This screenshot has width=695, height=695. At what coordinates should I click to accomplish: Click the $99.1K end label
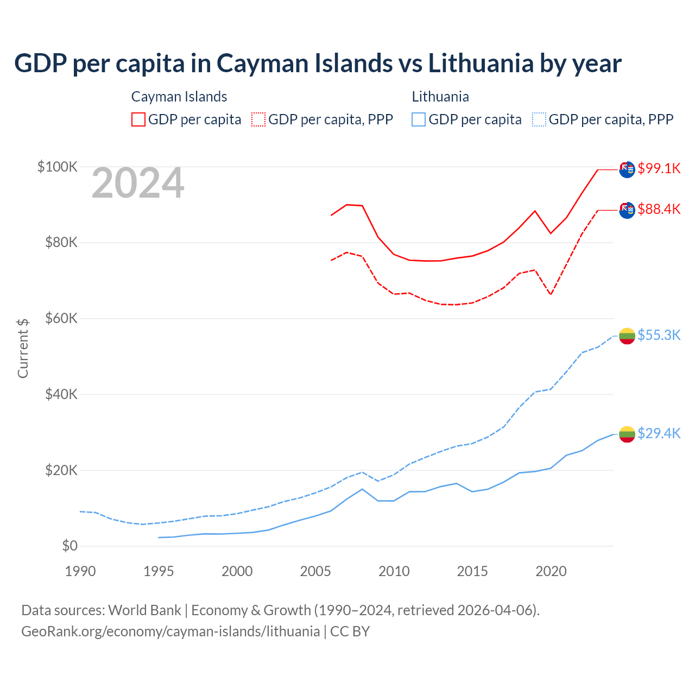coord(659,168)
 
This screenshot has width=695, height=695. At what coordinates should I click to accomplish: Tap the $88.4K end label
coord(659,209)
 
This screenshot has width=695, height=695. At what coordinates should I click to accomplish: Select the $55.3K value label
coord(659,335)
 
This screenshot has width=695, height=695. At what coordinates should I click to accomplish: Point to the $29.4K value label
coord(659,433)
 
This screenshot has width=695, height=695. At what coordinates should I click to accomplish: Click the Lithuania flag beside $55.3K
coord(627,336)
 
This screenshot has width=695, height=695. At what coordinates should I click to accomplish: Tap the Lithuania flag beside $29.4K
coord(627,434)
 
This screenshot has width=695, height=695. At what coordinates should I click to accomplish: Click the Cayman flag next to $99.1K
coord(627,169)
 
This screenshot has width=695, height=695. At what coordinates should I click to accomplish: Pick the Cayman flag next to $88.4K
coord(627,210)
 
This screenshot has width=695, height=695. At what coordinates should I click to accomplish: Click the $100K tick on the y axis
coord(58,166)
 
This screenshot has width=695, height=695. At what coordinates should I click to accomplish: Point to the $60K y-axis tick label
coord(61,318)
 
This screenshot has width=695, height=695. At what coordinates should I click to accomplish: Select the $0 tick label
coord(69,546)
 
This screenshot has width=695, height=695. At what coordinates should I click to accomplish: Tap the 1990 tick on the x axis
coord(80,571)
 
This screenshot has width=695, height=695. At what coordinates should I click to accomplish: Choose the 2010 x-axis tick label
coord(394,571)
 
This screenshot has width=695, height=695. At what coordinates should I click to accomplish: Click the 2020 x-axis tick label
coord(551,571)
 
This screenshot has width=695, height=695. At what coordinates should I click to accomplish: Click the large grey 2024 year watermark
coord(138,183)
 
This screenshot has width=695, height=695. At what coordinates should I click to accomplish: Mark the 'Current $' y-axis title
coord(23,348)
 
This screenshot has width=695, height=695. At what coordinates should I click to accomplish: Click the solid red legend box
coord(138,119)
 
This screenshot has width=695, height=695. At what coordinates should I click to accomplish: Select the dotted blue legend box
coord(539,119)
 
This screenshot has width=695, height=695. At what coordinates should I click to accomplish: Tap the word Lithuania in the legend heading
coord(440,97)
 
